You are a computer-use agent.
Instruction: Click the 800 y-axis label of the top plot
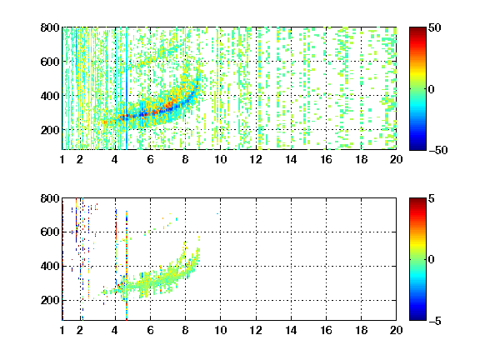pos(50,27)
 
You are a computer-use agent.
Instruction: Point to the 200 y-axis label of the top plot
pos(50,130)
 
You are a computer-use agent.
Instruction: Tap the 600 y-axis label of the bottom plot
pos(50,232)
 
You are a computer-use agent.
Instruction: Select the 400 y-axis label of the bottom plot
pos(50,266)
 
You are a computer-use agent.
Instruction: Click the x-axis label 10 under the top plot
pos(220,159)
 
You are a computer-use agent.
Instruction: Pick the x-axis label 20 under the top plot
pos(396,159)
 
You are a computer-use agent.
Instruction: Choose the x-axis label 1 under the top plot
pos(62,159)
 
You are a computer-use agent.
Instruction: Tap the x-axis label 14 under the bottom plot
pos(291,330)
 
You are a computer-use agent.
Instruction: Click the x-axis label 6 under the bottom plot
pos(150,330)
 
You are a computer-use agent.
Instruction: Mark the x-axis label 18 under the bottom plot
pos(361,330)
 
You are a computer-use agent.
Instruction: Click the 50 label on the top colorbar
pos(434,27)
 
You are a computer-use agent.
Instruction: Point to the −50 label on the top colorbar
pos(437,150)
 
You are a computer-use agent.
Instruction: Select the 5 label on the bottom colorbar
pos(432,198)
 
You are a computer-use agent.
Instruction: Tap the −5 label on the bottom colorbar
pos(435,321)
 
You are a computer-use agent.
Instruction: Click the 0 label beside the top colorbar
pos(432,89)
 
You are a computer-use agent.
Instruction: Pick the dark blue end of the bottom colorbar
pos(417,318)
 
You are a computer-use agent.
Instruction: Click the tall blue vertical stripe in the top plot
pos(127,88)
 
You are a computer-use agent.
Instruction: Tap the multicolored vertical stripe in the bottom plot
pos(127,265)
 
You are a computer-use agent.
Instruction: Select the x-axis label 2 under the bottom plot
pos(80,330)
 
